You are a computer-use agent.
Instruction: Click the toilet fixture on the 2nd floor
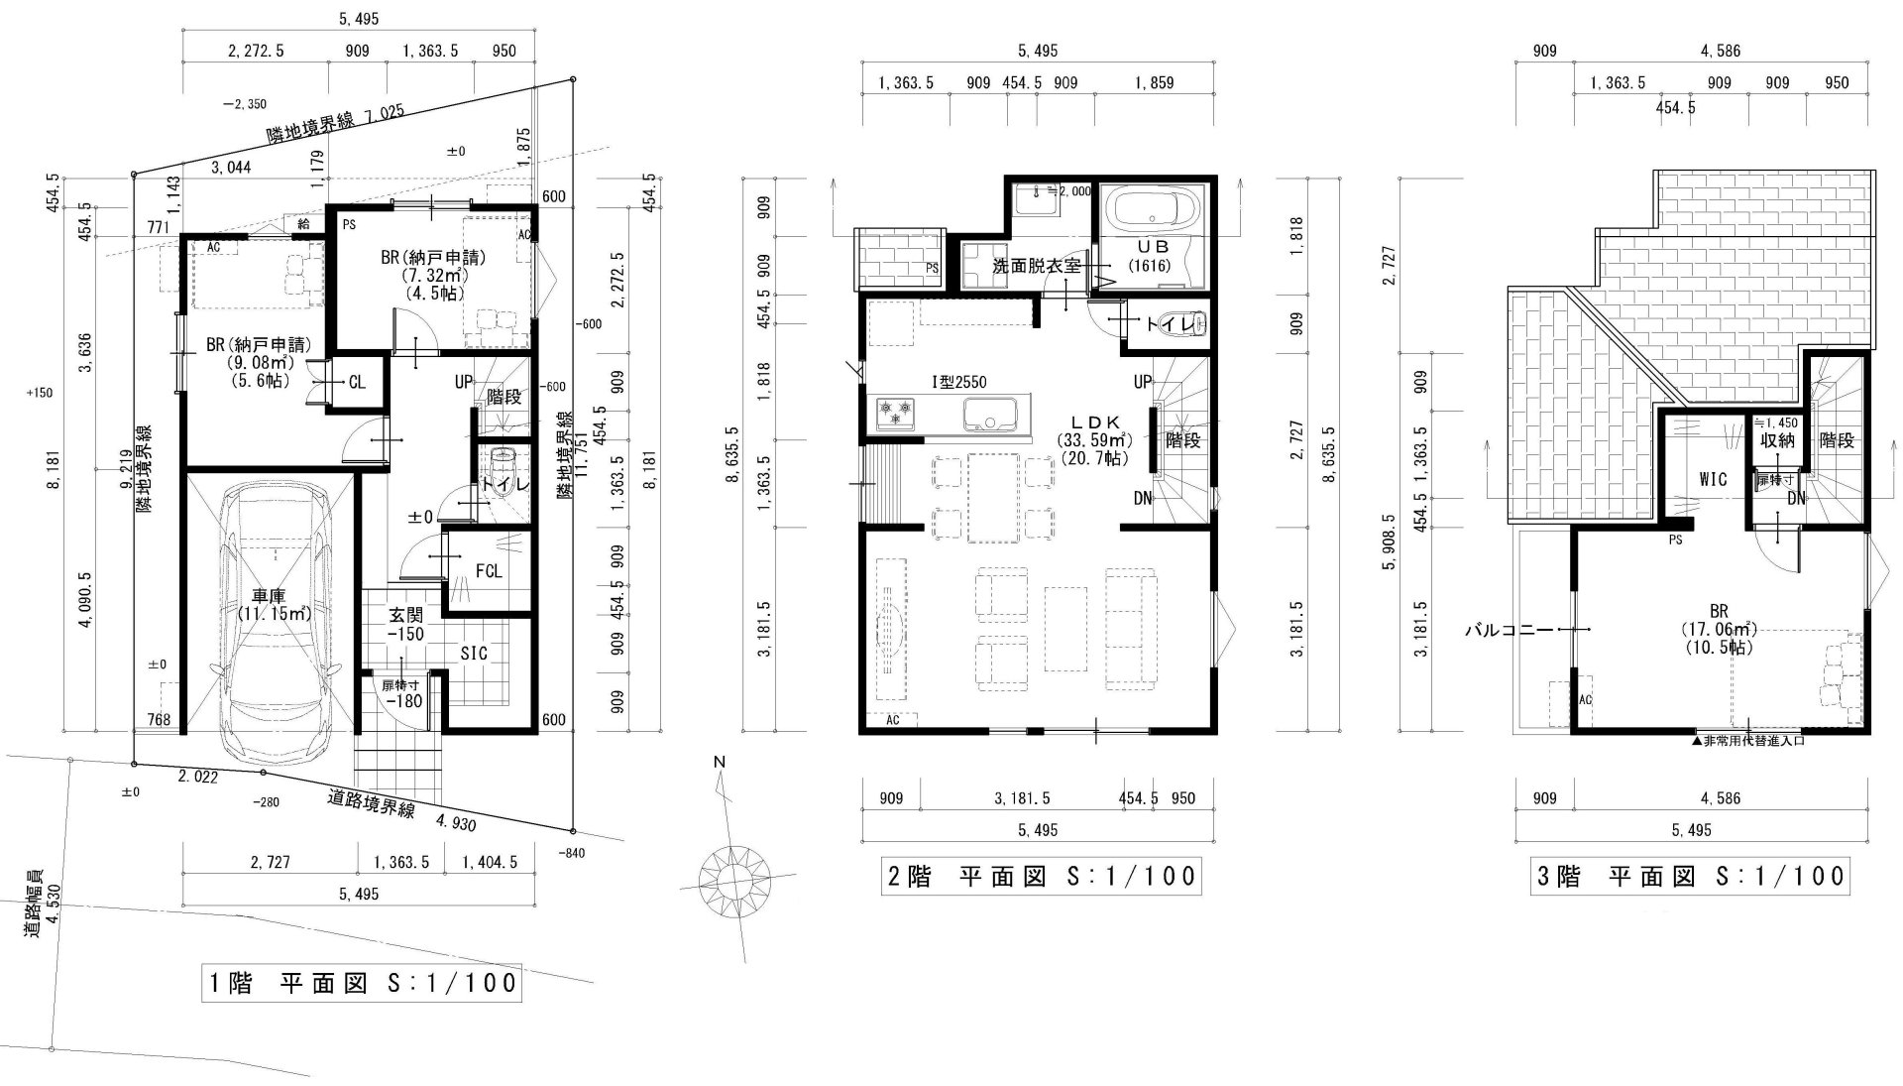[x=1195, y=323]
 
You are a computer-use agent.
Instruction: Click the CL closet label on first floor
[x=357, y=383]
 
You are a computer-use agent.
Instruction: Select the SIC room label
[x=474, y=655]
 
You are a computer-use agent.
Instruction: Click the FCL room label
[x=489, y=571]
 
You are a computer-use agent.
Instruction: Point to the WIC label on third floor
[x=1713, y=479]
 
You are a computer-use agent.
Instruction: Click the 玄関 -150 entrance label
[x=405, y=625]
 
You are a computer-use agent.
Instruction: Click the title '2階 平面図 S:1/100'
[x=1041, y=877]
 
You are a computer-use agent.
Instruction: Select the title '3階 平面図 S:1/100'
[x=1691, y=877]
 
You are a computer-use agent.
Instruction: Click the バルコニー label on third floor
[x=1509, y=630]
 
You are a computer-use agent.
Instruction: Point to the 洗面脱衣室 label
[x=1037, y=267]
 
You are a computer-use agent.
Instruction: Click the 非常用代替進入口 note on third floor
[x=1748, y=740]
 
